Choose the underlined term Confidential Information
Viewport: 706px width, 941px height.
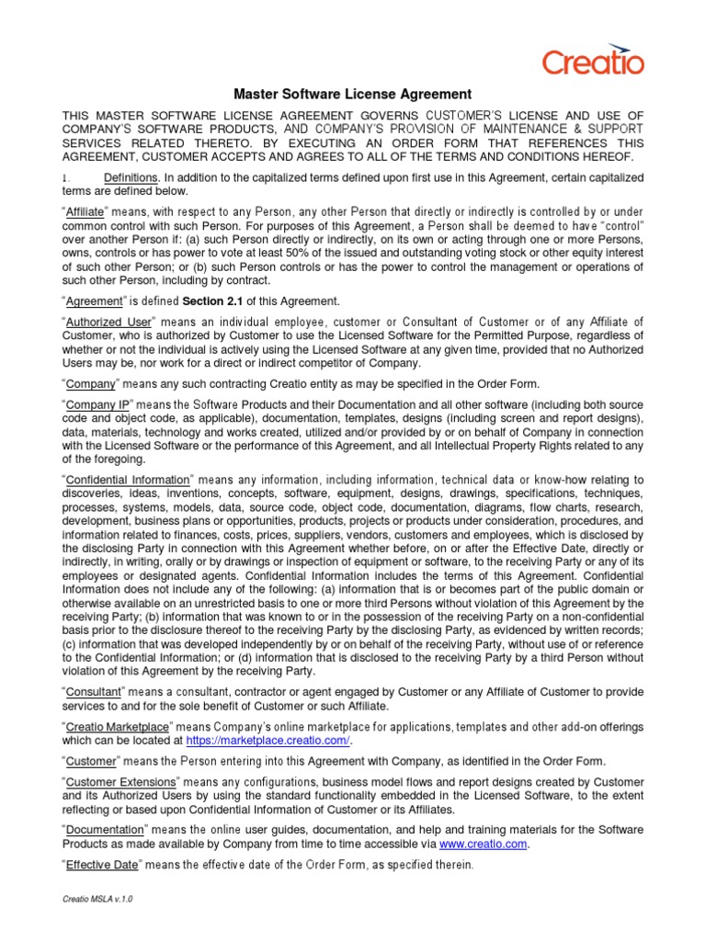click(128, 480)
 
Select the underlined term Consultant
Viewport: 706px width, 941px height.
click(97, 691)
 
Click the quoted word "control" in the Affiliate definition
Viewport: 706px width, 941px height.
click(615, 226)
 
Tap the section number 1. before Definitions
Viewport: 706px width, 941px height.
click(65, 176)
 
